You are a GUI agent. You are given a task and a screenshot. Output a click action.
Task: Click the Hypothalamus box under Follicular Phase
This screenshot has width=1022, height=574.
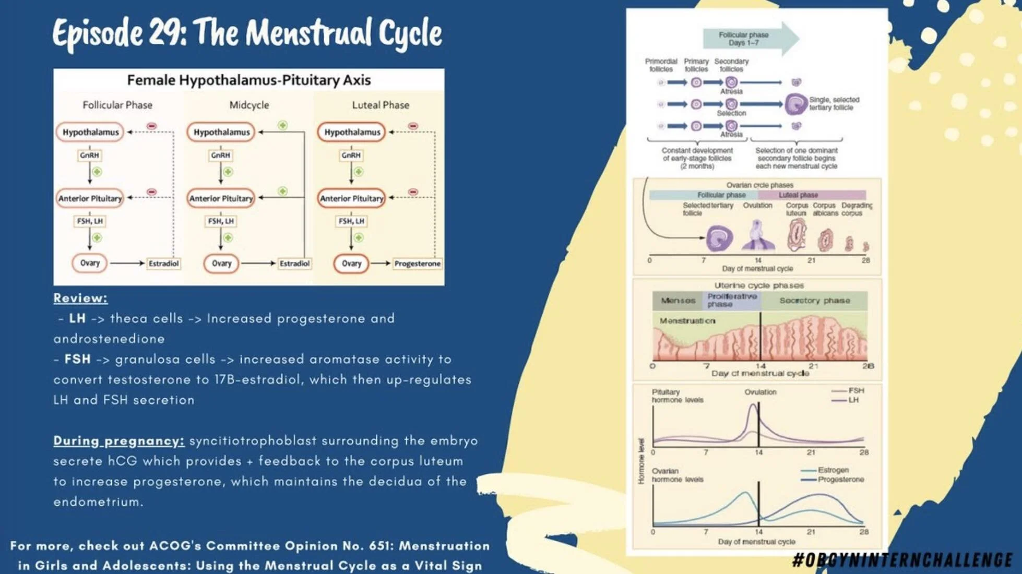(90, 132)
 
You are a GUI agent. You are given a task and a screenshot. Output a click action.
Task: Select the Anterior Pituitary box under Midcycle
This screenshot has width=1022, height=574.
(221, 198)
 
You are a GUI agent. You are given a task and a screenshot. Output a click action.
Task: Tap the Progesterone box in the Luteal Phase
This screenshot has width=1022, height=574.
(417, 264)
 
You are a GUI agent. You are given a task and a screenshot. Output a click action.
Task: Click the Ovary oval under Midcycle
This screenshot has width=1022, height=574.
(221, 264)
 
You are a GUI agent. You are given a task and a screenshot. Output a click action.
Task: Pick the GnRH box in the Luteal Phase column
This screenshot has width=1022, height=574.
(351, 155)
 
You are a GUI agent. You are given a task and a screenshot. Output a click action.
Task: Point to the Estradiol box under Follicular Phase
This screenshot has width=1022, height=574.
(163, 264)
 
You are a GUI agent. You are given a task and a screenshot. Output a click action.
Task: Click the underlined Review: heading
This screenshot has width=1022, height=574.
(80, 298)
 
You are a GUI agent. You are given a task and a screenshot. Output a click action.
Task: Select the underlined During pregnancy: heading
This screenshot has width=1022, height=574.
(118, 441)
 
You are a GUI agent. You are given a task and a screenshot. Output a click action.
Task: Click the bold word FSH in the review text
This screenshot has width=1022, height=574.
(77, 360)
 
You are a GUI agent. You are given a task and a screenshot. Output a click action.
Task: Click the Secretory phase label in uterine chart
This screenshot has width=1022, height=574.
(814, 301)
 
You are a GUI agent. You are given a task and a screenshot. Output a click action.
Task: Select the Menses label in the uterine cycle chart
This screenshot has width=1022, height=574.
(678, 301)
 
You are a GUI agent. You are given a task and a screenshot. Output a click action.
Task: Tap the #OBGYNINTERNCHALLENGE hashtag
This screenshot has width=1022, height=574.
(901, 560)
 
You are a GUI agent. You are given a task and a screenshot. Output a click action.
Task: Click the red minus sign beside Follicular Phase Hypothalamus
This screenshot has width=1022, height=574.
(151, 126)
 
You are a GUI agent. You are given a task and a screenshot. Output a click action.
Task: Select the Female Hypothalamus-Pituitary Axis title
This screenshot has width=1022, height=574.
(249, 80)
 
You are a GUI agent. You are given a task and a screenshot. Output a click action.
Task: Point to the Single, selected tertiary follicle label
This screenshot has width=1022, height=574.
(834, 103)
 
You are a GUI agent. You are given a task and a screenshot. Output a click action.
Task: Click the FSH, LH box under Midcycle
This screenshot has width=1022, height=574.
(221, 221)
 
